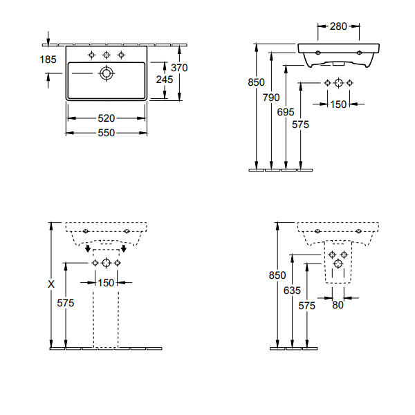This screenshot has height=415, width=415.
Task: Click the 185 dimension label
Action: click(x=48, y=59)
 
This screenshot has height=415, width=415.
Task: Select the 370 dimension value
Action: click(x=179, y=68)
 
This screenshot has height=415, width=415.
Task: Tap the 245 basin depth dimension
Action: click(x=165, y=80)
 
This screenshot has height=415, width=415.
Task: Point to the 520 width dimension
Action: click(x=106, y=118)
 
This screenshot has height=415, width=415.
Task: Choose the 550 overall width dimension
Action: click(x=106, y=133)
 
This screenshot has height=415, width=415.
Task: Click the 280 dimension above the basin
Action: click(x=338, y=26)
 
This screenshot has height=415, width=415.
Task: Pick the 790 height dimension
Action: click(x=271, y=98)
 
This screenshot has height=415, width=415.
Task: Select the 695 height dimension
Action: click(x=286, y=112)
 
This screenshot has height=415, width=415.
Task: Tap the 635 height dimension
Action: click(x=292, y=290)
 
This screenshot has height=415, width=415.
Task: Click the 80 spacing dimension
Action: click(x=338, y=305)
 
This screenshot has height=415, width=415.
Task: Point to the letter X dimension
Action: click(x=51, y=284)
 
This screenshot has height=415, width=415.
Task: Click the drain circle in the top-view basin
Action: click(x=107, y=73)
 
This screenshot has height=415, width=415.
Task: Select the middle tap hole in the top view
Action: click(x=107, y=55)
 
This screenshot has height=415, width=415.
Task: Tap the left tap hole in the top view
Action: click(x=91, y=55)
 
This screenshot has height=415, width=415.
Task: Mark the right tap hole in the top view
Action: click(x=121, y=55)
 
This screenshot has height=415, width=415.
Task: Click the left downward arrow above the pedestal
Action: click(x=88, y=248)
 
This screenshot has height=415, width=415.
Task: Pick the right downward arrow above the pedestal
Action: click(x=124, y=248)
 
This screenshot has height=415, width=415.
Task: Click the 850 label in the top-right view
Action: click(x=256, y=82)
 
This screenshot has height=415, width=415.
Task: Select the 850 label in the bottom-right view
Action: click(x=277, y=275)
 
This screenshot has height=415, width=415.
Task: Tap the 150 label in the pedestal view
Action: click(x=106, y=283)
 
